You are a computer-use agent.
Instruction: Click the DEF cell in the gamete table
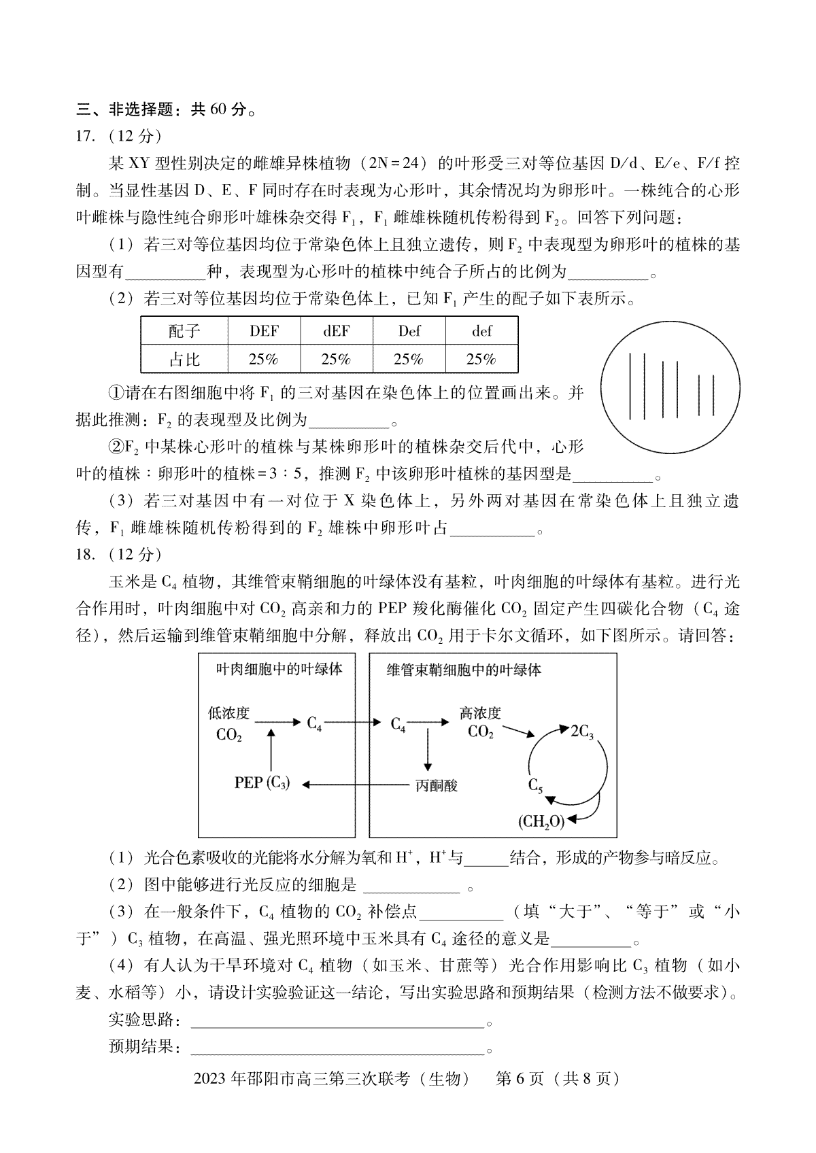point(263,331)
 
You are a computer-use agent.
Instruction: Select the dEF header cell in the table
point(336,331)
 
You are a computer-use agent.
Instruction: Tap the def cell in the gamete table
point(481,331)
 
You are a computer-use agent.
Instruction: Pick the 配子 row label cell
point(184,331)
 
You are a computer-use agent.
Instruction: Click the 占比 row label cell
point(184,359)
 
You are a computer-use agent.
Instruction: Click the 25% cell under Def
point(409,359)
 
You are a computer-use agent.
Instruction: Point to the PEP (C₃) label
point(262,783)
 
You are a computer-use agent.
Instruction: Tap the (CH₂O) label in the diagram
point(541,822)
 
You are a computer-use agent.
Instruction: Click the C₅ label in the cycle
point(535,785)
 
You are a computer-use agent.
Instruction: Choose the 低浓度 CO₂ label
point(229,723)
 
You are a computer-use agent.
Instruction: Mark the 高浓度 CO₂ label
point(480,722)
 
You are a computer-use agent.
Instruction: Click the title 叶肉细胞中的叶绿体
point(279,669)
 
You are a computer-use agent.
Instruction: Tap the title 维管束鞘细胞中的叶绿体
point(464,670)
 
